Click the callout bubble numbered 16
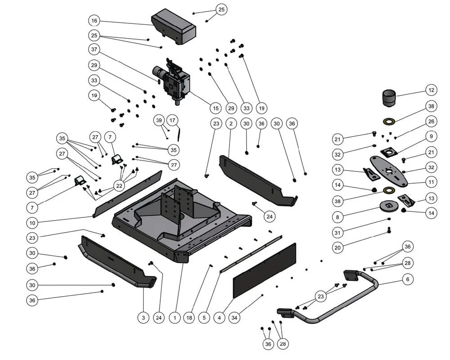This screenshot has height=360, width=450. click(94, 21)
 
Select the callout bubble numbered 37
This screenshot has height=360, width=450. click(94, 49)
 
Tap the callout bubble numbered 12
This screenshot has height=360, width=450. click(431, 90)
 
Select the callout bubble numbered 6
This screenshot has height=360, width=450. click(407, 279)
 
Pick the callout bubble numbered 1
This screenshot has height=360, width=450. click(174, 318)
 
